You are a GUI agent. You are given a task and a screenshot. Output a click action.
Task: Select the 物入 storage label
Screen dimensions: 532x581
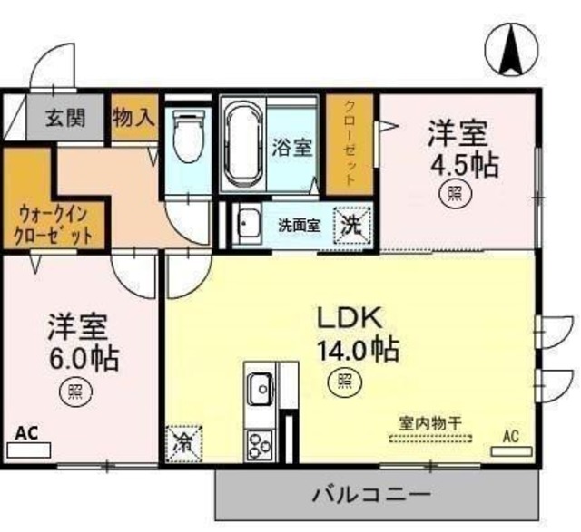coord(133,118)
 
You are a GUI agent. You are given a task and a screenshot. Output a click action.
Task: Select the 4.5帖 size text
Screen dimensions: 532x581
coord(458,166)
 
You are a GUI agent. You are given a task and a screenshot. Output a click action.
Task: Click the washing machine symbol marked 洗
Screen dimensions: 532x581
coord(351,225)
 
